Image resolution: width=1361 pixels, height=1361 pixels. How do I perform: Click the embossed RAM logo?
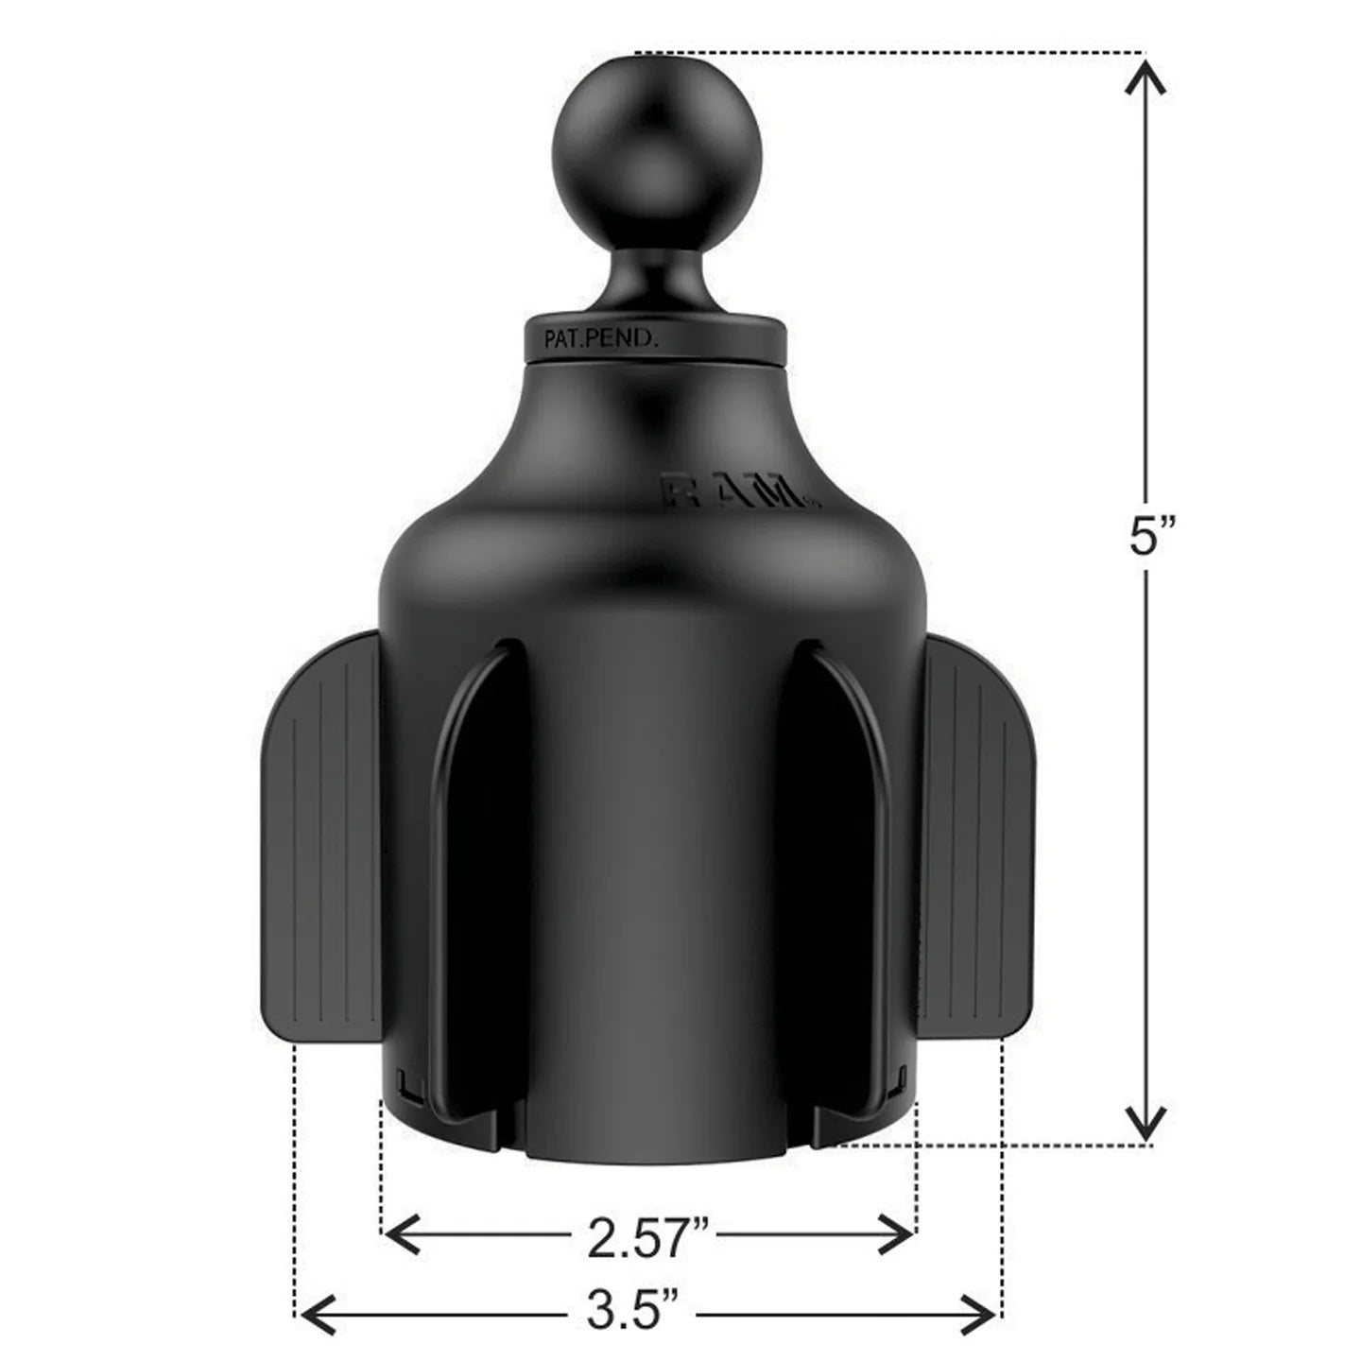click(737, 492)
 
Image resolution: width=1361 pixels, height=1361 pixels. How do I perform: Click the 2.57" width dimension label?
click(647, 1238)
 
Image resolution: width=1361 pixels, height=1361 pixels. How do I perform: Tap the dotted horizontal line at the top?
click(888, 51)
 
